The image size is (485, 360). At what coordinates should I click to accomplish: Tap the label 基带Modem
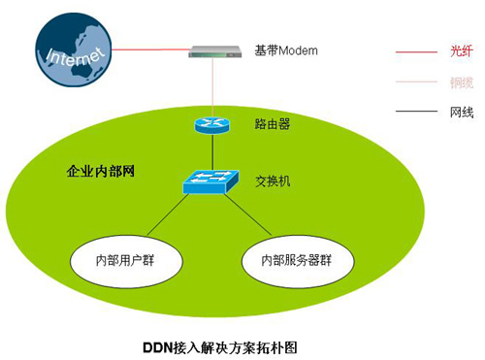coord(286,50)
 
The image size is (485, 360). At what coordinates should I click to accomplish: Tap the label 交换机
coord(271,181)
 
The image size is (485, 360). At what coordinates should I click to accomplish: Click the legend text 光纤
coord(462,49)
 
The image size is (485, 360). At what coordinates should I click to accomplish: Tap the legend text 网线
coord(462,113)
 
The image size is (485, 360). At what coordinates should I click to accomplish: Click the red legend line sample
coord(417,49)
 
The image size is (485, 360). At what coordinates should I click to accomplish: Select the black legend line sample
coord(417,113)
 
